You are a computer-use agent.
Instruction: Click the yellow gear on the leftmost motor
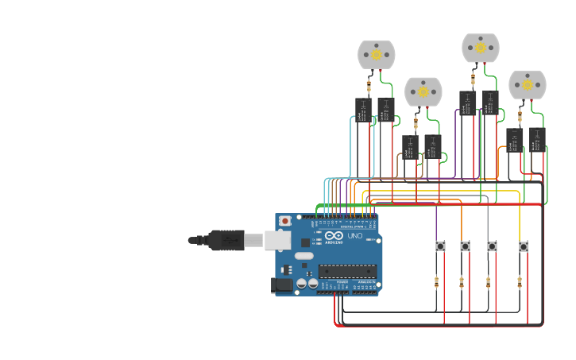coord(377,55)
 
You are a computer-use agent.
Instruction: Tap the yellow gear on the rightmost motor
coord(528,85)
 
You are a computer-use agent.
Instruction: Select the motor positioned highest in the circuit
coord(481,48)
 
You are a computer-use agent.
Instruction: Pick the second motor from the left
coord(423,91)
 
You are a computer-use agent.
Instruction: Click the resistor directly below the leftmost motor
coord(369,85)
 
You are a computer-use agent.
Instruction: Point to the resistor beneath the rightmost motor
coord(520,116)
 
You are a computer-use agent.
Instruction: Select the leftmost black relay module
coord(363,110)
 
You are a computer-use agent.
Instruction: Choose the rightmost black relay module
coord(537,139)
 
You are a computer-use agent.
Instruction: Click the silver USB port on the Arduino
coord(277,239)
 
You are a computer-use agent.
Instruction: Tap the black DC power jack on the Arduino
coord(281,285)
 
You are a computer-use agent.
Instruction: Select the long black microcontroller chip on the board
coord(346,271)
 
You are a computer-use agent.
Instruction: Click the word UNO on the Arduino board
coord(355,235)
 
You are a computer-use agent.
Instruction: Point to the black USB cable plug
coord(226,239)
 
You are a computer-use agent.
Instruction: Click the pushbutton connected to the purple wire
coord(440,246)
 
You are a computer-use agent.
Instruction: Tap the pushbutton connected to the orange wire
coord(465,246)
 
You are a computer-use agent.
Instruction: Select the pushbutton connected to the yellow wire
coord(524,246)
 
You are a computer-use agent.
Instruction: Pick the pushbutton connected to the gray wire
coord(492,246)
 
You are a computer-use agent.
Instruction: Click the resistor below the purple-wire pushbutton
coord(436,281)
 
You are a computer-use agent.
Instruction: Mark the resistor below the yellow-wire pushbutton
coord(520,281)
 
